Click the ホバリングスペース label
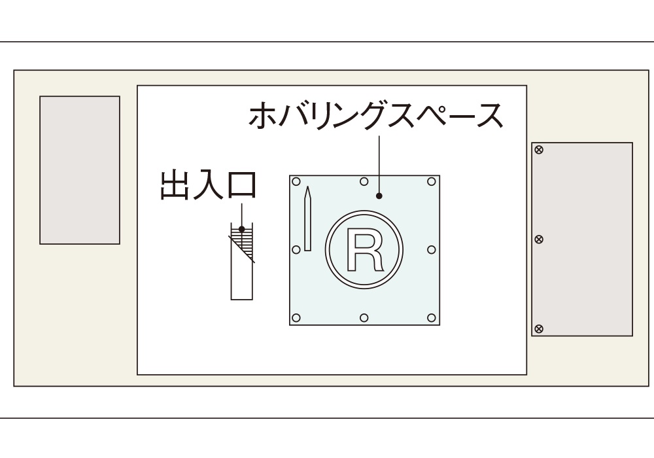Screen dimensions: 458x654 (376, 116)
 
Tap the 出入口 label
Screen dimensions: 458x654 (208, 185)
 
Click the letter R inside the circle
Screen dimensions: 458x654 (364, 250)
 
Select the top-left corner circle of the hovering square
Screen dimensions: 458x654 (296, 181)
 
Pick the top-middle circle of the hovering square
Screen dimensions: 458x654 (364, 181)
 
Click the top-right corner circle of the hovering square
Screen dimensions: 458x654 (432, 181)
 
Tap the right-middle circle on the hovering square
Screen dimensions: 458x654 (432, 249)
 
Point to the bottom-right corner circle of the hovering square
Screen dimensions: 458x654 (432, 318)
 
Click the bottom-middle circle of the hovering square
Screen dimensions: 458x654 (364, 318)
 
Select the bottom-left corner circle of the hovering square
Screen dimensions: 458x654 (296, 318)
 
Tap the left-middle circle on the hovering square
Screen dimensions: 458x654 (296, 249)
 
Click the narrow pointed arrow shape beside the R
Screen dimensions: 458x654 (307, 219)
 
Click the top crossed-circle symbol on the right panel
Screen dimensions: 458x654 (539, 150)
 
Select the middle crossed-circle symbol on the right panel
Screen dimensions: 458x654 (539, 239)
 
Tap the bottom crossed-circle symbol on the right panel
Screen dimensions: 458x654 (539, 328)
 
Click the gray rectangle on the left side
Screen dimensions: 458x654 (80, 170)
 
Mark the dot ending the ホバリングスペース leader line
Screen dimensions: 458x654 (379, 196)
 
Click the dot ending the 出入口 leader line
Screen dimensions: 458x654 (242, 229)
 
